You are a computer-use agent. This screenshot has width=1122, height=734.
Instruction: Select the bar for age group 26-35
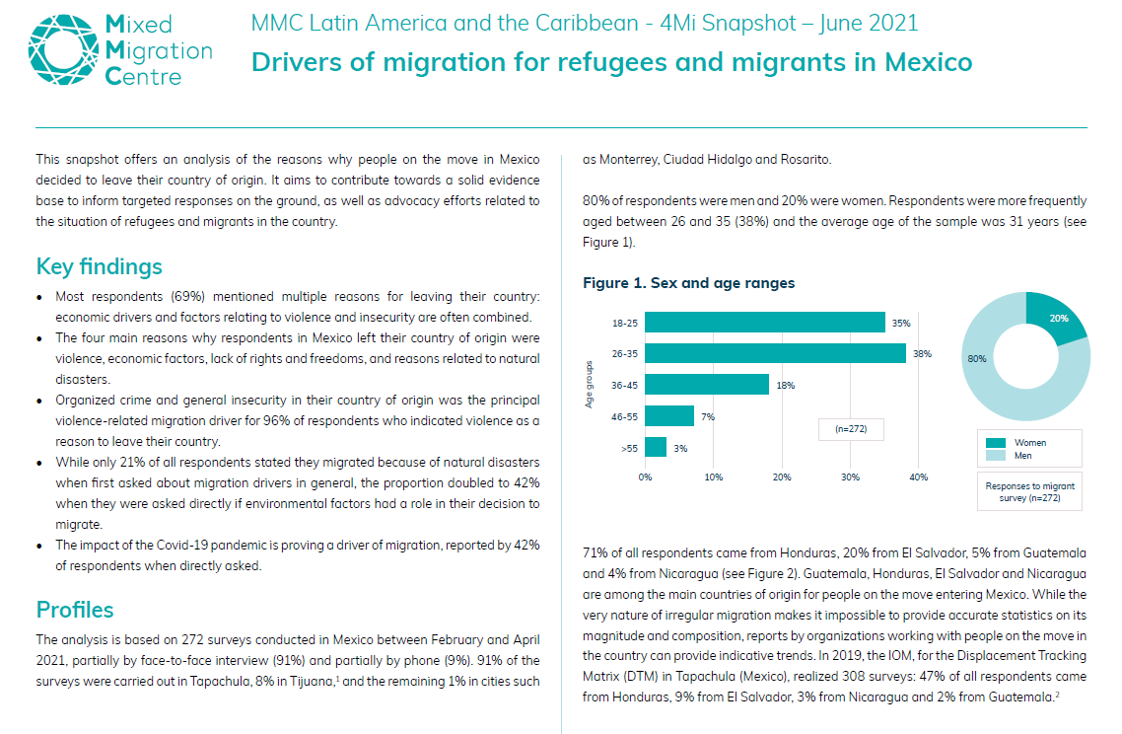[x=775, y=353]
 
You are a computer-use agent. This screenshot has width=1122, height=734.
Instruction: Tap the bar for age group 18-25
[x=765, y=323]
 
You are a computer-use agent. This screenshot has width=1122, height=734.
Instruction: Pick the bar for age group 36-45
[x=707, y=384]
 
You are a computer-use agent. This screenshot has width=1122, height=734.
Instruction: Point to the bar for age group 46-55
[x=669, y=415]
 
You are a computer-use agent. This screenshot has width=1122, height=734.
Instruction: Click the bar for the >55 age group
[x=656, y=447]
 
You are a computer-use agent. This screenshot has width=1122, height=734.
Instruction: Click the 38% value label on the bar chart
[x=922, y=353]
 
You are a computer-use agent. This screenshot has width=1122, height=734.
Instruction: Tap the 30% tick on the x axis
[x=850, y=477]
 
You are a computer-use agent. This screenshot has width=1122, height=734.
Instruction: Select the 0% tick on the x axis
[x=646, y=477]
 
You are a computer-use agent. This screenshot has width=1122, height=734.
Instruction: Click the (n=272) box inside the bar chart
[x=851, y=430]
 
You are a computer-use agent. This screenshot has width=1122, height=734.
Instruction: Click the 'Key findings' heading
[x=99, y=266]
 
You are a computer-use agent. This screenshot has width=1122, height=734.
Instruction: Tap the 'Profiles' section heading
[x=75, y=609]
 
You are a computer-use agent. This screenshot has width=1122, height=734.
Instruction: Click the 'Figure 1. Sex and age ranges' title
[x=688, y=283]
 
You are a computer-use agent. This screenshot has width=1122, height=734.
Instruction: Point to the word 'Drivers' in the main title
[x=295, y=62]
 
